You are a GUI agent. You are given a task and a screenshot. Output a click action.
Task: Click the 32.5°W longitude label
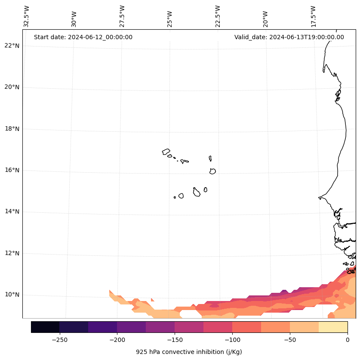click(x=27, y=16)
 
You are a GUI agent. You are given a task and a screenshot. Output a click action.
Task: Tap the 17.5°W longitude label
click(x=313, y=16)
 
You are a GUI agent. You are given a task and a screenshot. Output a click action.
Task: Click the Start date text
click(x=83, y=37)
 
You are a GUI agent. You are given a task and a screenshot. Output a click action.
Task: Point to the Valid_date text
click(x=289, y=37)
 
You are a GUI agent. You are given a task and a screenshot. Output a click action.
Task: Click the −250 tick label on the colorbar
click(x=59, y=340)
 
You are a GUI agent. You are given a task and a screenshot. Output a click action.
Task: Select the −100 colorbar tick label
click(x=232, y=340)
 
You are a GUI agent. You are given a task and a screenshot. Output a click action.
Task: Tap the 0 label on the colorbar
click(x=347, y=340)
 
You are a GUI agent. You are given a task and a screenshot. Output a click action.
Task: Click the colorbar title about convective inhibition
click(x=189, y=352)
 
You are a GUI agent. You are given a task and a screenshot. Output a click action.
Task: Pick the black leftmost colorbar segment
click(x=45, y=327)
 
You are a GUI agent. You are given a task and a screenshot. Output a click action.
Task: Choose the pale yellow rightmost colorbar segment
click(x=333, y=327)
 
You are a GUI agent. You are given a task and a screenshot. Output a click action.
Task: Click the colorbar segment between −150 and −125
click(x=189, y=327)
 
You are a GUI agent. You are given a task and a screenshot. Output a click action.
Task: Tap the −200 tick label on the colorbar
click(x=117, y=340)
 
